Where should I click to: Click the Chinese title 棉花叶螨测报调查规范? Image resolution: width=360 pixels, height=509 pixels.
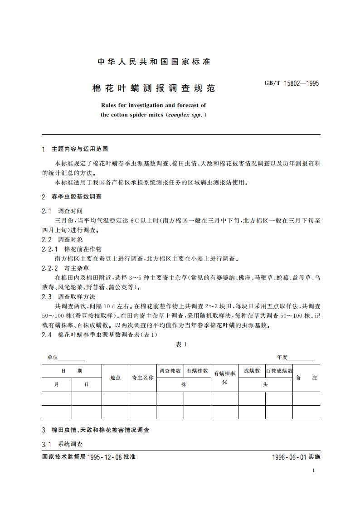point(154,88)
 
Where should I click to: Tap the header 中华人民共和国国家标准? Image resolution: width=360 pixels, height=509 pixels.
point(154,62)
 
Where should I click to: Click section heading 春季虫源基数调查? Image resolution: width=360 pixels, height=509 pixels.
point(77,197)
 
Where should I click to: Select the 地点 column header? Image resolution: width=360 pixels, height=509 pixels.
point(115,378)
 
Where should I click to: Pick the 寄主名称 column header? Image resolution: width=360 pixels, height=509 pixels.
point(142,378)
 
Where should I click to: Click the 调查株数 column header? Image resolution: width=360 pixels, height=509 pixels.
point(170,371)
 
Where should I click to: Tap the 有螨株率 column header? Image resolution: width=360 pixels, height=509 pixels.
point(224,373)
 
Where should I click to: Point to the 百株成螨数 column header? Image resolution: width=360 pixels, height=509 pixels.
point(279,371)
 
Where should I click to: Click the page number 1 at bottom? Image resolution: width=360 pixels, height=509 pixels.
point(313,470)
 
